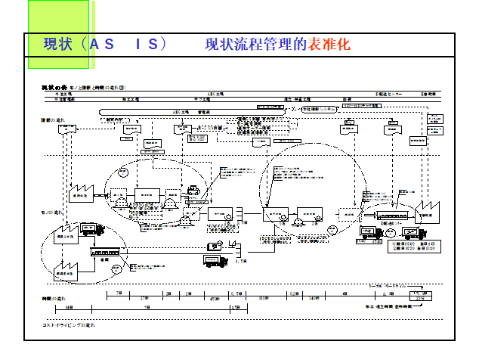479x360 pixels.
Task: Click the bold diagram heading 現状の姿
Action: click(x=54, y=88)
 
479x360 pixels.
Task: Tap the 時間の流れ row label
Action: click(x=51, y=299)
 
